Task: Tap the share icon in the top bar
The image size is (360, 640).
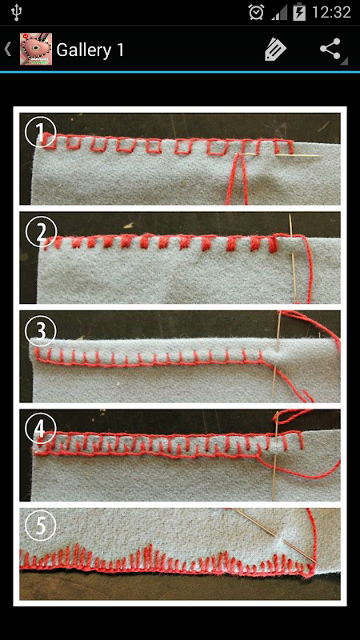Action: point(330,49)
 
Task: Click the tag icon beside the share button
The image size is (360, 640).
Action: point(275,50)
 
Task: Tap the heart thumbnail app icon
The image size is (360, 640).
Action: point(36,49)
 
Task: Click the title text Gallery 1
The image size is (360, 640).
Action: point(90,50)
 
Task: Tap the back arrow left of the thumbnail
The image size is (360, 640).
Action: point(7,49)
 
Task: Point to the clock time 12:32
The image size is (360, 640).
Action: point(331,12)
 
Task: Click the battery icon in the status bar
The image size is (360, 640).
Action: point(299,12)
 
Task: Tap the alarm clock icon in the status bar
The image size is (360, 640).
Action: point(256,12)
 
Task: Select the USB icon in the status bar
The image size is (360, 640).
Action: point(17,12)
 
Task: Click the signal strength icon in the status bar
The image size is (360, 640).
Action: point(279,13)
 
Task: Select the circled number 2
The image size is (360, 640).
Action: point(40,233)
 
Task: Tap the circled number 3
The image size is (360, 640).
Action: point(39,332)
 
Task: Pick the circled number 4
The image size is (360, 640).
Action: point(39,430)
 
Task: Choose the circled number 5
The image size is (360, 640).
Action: point(39,526)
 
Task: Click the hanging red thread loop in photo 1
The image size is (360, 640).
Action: point(238,179)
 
